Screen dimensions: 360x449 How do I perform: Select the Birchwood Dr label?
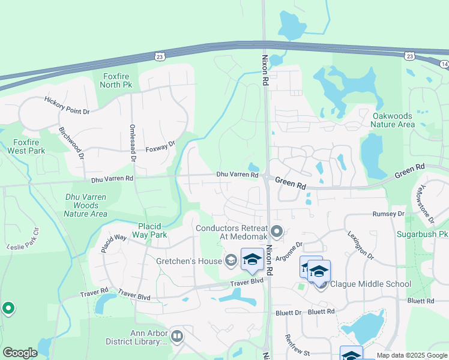[x=71, y=143]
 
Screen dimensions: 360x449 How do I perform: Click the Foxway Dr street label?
[x=160, y=147]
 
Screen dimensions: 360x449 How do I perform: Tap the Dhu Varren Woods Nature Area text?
[x=86, y=205]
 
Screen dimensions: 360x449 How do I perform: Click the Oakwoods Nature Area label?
[x=393, y=120]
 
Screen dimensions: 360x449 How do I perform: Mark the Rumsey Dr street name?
[x=388, y=214]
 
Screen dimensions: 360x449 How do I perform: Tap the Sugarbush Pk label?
[x=422, y=233]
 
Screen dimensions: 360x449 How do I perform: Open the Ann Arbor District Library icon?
[x=176, y=336]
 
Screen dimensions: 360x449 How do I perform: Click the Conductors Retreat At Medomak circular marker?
[x=277, y=231]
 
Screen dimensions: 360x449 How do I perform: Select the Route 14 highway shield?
[x=444, y=64]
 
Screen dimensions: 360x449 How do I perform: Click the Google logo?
[x=20, y=353]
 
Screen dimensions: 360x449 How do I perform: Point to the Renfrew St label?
[x=297, y=345]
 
